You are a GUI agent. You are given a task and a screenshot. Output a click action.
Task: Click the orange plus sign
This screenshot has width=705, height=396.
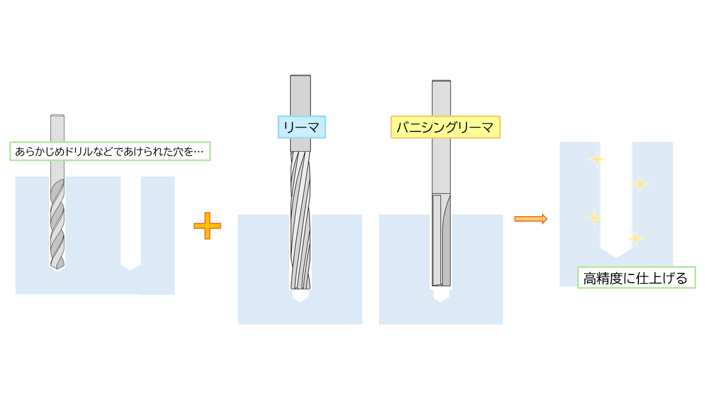pyautogui.click(x=207, y=226)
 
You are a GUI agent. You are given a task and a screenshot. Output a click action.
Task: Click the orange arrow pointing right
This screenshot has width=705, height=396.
pyautogui.click(x=530, y=219)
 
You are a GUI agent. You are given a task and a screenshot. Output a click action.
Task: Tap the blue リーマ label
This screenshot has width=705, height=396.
pyautogui.click(x=301, y=127)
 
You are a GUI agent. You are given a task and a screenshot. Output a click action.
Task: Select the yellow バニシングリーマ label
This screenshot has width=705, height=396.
pyautogui.click(x=445, y=127)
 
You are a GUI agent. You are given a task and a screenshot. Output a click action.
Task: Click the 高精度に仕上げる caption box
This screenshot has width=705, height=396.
pyautogui.click(x=636, y=278)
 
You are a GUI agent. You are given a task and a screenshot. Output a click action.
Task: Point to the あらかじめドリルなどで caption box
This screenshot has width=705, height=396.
pyautogui.click(x=110, y=151)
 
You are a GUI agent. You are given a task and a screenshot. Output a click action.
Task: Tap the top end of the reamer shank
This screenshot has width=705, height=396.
pyautogui.click(x=300, y=76)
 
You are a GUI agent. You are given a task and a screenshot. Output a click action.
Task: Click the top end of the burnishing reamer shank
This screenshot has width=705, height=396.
pyautogui.click(x=442, y=82)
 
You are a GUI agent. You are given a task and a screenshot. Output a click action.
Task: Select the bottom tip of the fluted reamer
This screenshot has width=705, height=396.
pyautogui.click(x=300, y=287)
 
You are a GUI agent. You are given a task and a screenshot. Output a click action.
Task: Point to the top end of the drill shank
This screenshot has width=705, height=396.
pyautogui.click(x=57, y=116)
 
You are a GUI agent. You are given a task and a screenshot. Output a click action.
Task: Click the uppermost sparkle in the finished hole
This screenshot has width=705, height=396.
pyautogui.click(x=596, y=159)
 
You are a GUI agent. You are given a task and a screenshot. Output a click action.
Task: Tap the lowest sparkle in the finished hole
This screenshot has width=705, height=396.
pyautogui.click(x=635, y=239)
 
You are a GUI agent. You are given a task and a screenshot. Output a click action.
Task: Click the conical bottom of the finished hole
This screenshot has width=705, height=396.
pyautogui.click(x=616, y=252)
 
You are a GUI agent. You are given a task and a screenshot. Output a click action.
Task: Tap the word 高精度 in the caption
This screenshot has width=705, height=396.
pyautogui.click(x=600, y=278)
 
